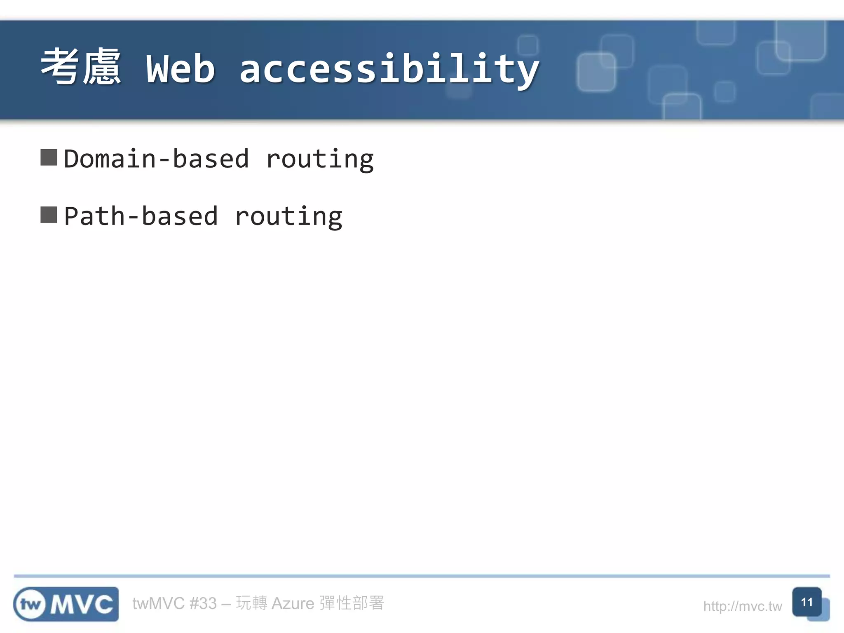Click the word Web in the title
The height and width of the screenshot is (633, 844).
181,69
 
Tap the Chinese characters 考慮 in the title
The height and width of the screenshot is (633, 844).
81,67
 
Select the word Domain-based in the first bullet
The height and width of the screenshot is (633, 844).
157,159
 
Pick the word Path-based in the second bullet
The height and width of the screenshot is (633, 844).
141,216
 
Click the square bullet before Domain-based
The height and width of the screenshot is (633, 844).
49,157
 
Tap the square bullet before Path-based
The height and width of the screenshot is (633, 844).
49,215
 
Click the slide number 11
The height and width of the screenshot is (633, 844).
806,602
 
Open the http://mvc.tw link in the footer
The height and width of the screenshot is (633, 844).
742,606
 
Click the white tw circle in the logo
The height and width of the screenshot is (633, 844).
30,605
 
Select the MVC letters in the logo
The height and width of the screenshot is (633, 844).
82,605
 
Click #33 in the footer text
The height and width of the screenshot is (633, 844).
203,603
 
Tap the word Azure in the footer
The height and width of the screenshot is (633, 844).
293,603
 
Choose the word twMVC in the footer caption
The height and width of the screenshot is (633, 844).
158,603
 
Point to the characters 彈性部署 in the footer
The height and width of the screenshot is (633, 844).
352,603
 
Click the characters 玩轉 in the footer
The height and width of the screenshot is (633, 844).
251,603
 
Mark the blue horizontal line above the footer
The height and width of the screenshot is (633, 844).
422,576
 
